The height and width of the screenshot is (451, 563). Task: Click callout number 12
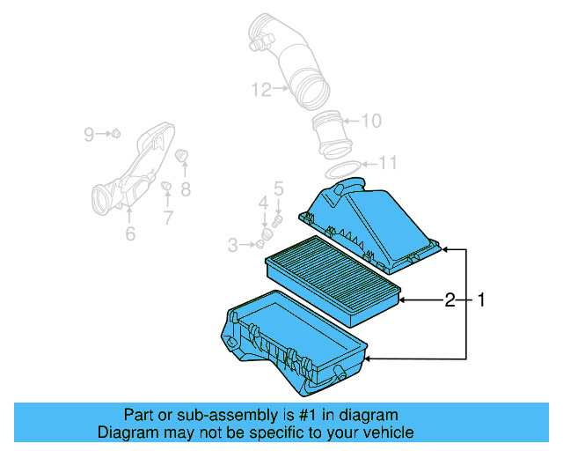click(260, 89)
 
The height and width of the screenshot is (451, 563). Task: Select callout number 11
click(388, 163)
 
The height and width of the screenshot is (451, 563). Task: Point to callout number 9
click(89, 134)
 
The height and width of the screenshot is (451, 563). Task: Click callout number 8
click(186, 189)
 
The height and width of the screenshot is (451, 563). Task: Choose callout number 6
click(129, 233)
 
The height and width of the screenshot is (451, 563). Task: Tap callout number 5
click(278, 188)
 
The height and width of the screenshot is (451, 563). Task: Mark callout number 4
click(262, 204)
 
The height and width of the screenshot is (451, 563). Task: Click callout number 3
click(233, 245)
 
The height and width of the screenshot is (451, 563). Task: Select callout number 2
click(450, 300)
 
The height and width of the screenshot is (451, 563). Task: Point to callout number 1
click(480, 300)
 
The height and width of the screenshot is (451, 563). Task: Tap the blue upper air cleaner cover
click(369, 225)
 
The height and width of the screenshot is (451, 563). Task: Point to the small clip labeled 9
click(114, 133)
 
